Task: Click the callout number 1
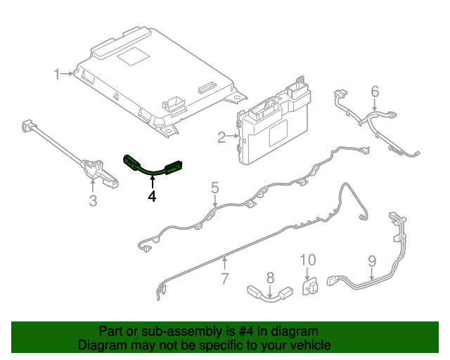58,73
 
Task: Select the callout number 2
221,138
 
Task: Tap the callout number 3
93,202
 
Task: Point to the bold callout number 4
152,198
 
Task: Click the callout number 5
215,188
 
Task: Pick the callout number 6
375,91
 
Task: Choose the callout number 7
225,278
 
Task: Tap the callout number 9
373,262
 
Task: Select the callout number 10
309,260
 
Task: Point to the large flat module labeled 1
155,77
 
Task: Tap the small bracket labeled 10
309,288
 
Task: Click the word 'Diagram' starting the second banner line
101,346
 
